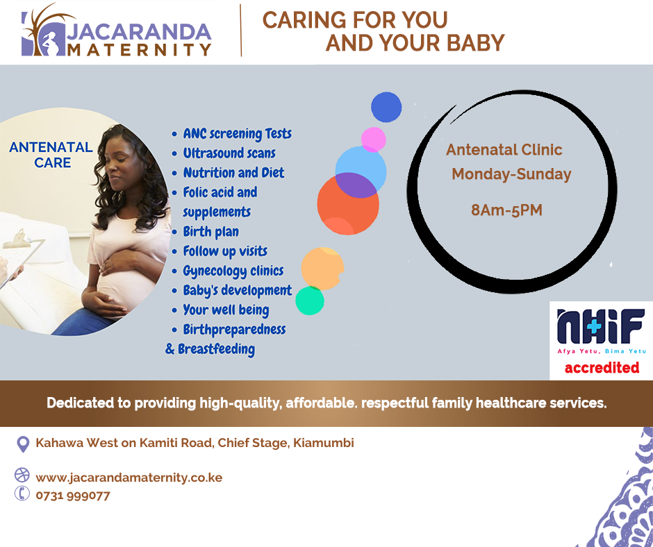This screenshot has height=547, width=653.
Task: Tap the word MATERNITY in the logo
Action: (x=140, y=49)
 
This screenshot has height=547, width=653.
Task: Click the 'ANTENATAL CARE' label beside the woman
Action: (x=51, y=154)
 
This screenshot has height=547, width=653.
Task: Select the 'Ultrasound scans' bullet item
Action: (x=229, y=153)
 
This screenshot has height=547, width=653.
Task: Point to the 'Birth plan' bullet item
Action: (x=210, y=231)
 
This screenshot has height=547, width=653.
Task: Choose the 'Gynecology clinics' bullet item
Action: (x=233, y=271)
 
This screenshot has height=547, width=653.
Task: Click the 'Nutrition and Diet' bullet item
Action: (x=233, y=172)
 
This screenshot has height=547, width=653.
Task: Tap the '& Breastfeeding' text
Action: (x=210, y=349)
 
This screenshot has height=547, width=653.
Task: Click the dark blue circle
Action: (x=386, y=107)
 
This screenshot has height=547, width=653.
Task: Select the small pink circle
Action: (x=373, y=140)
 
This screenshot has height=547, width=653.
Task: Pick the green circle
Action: (x=310, y=301)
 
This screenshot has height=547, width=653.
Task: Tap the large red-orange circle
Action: (x=348, y=204)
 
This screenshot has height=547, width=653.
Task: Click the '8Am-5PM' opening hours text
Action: (x=507, y=210)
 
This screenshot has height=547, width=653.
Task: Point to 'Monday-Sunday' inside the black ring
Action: (x=511, y=174)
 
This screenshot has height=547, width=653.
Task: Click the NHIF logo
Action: (x=602, y=331)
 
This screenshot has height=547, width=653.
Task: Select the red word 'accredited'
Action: (x=602, y=368)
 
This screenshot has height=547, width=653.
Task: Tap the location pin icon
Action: (x=23, y=444)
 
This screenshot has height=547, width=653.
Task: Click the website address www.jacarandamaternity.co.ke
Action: (x=129, y=478)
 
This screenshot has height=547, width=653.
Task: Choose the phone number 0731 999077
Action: (x=73, y=496)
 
